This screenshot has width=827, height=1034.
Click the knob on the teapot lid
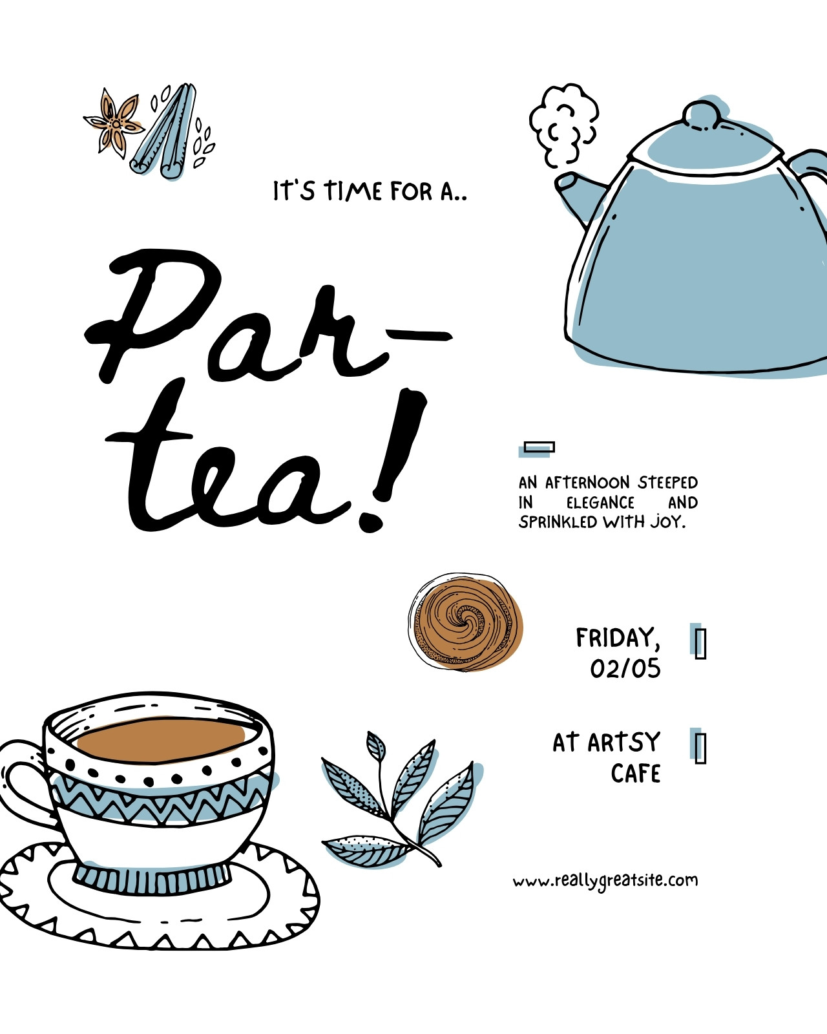coord(702,116)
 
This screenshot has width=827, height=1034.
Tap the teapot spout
coord(578,195)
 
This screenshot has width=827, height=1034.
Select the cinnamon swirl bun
coord(465,622)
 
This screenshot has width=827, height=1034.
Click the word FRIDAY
coord(618,638)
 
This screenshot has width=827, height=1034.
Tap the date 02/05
coord(625,668)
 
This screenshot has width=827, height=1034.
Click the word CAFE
coord(635,774)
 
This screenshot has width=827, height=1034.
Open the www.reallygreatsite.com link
coord(605,880)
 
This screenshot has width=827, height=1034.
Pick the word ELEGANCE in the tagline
coord(600,503)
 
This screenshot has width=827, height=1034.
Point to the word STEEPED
coord(668,482)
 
